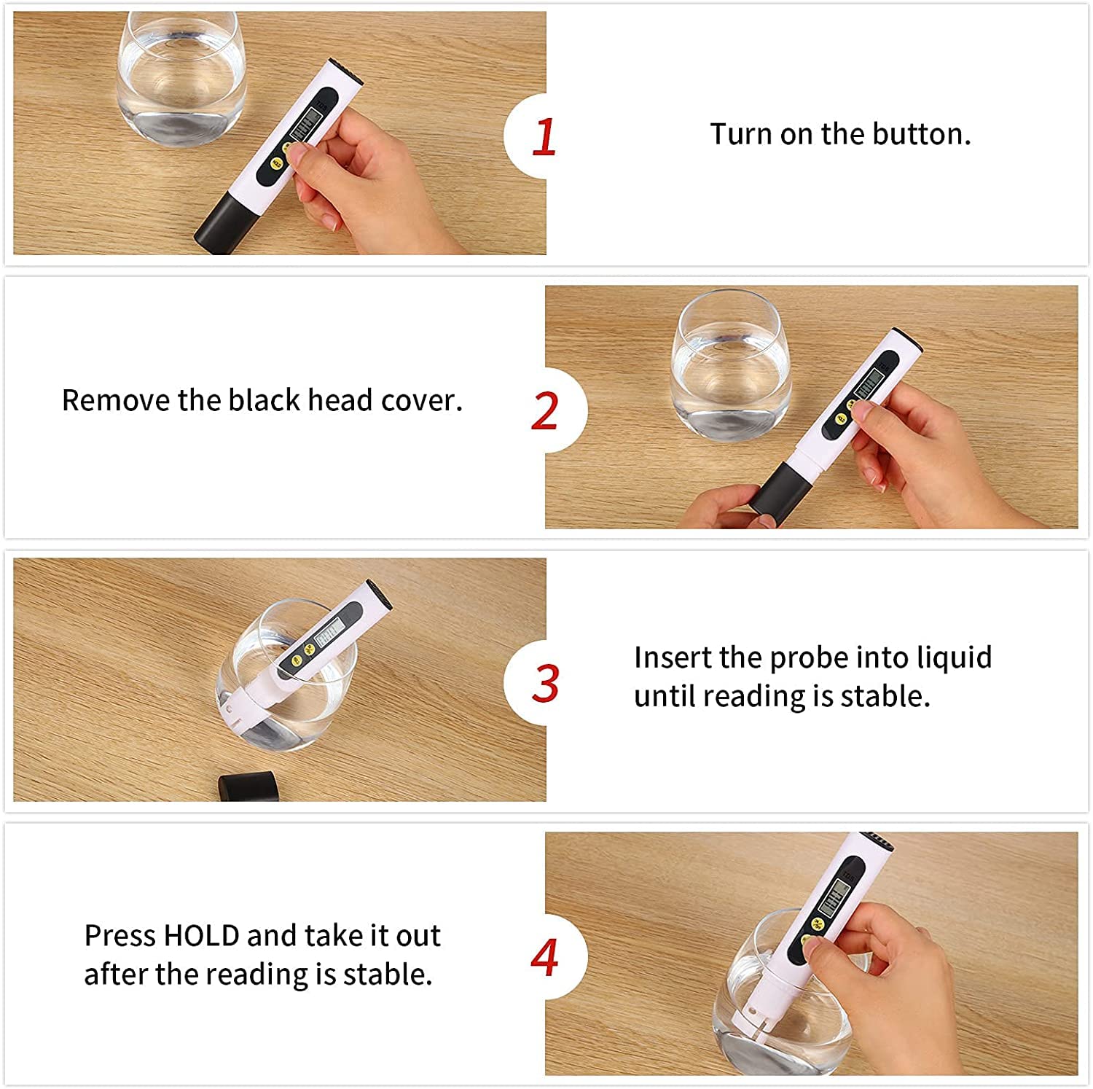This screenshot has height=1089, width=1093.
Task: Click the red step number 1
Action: tap(544, 137)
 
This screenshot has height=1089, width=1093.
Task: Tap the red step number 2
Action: tap(545, 411)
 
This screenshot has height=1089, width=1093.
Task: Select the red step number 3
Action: tap(545, 684)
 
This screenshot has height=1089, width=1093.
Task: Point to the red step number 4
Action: tap(544, 957)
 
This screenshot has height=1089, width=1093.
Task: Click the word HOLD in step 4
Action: tap(202, 935)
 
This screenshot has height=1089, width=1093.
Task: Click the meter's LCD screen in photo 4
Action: tap(833, 899)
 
